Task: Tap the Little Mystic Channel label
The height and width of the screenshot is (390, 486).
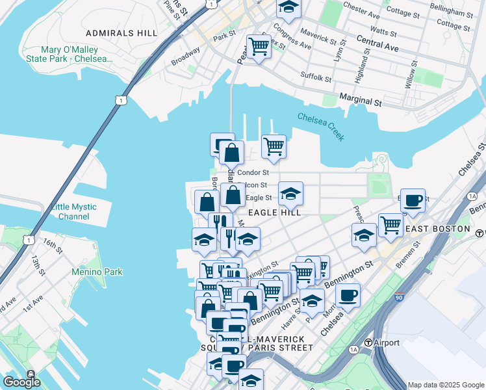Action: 73,211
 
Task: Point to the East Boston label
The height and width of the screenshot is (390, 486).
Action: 437,229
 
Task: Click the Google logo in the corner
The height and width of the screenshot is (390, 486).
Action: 21,382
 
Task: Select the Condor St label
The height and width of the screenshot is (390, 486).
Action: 253,172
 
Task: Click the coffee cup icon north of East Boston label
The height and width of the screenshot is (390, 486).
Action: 413,201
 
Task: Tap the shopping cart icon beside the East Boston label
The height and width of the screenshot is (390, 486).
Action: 390,225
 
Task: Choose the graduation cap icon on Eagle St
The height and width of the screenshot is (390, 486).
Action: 290,193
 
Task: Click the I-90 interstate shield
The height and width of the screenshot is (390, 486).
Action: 400,298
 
